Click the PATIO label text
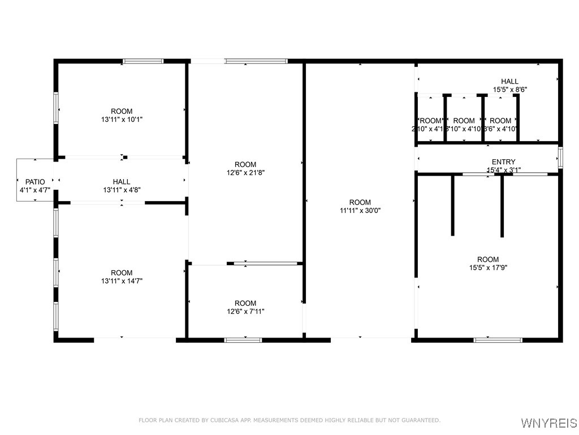click(x=35, y=182)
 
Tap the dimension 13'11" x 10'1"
click(x=122, y=120)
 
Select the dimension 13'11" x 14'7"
click(x=122, y=281)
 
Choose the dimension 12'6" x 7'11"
click(x=245, y=312)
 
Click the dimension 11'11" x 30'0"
click(x=360, y=211)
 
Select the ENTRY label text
click(x=503, y=162)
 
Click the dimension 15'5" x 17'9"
click(x=488, y=268)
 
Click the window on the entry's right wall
click(x=560, y=157)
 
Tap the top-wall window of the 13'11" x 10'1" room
click(x=143, y=61)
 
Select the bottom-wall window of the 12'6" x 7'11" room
click(x=243, y=340)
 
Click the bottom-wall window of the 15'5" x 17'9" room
click(x=498, y=340)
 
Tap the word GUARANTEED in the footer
click(x=419, y=420)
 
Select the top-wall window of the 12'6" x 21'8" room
click(x=256, y=61)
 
